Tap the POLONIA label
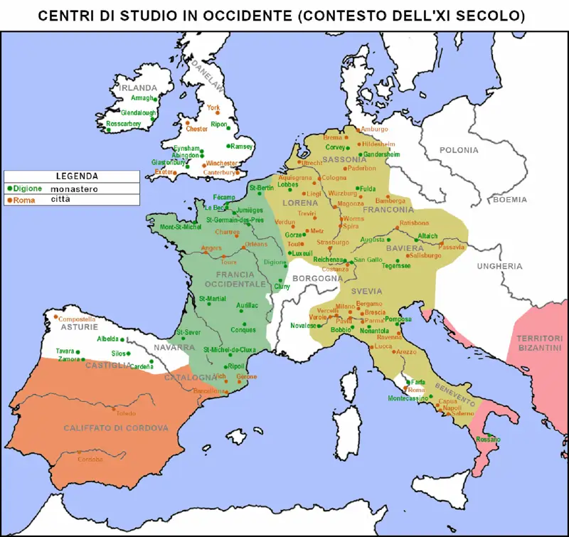pyautogui.click(x=459, y=150)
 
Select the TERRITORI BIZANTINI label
pyautogui.click(x=539, y=343)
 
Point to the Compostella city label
pyautogui.click(x=76, y=319)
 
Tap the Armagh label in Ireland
pyautogui.click(x=143, y=98)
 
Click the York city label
pyautogui.click(x=213, y=107)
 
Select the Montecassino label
pyautogui.click(x=408, y=399)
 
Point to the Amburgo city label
pyautogui.click(x=374, y=129)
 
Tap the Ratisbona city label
pyautogui.click(x=415, y=223)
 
